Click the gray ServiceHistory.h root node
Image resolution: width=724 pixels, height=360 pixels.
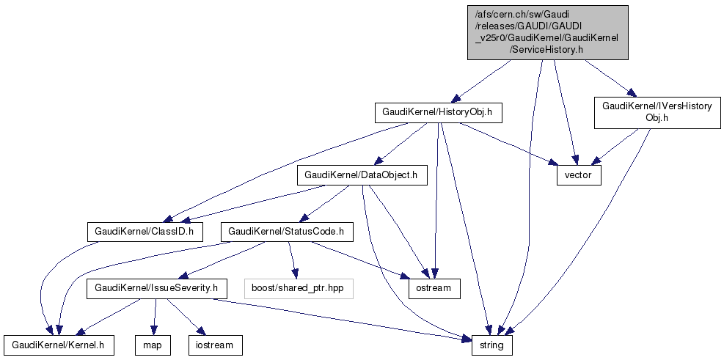tap(548, 32)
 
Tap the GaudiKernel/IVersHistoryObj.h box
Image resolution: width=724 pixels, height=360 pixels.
tap(657, 112)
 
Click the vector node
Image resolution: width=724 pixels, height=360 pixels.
tap(579, 176)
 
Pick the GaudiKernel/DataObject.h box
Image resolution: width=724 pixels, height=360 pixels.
tap(362, 175)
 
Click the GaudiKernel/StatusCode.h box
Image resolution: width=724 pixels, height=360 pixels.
tap(288, 232)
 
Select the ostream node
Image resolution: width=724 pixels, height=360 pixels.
tap(435, 288)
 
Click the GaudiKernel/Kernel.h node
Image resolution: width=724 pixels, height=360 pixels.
tap(59, 345)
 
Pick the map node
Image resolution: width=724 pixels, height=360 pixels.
tap(153, 345)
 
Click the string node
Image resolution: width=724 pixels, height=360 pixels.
tap(491, 345)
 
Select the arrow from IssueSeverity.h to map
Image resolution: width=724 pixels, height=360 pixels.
tap(153, 316)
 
